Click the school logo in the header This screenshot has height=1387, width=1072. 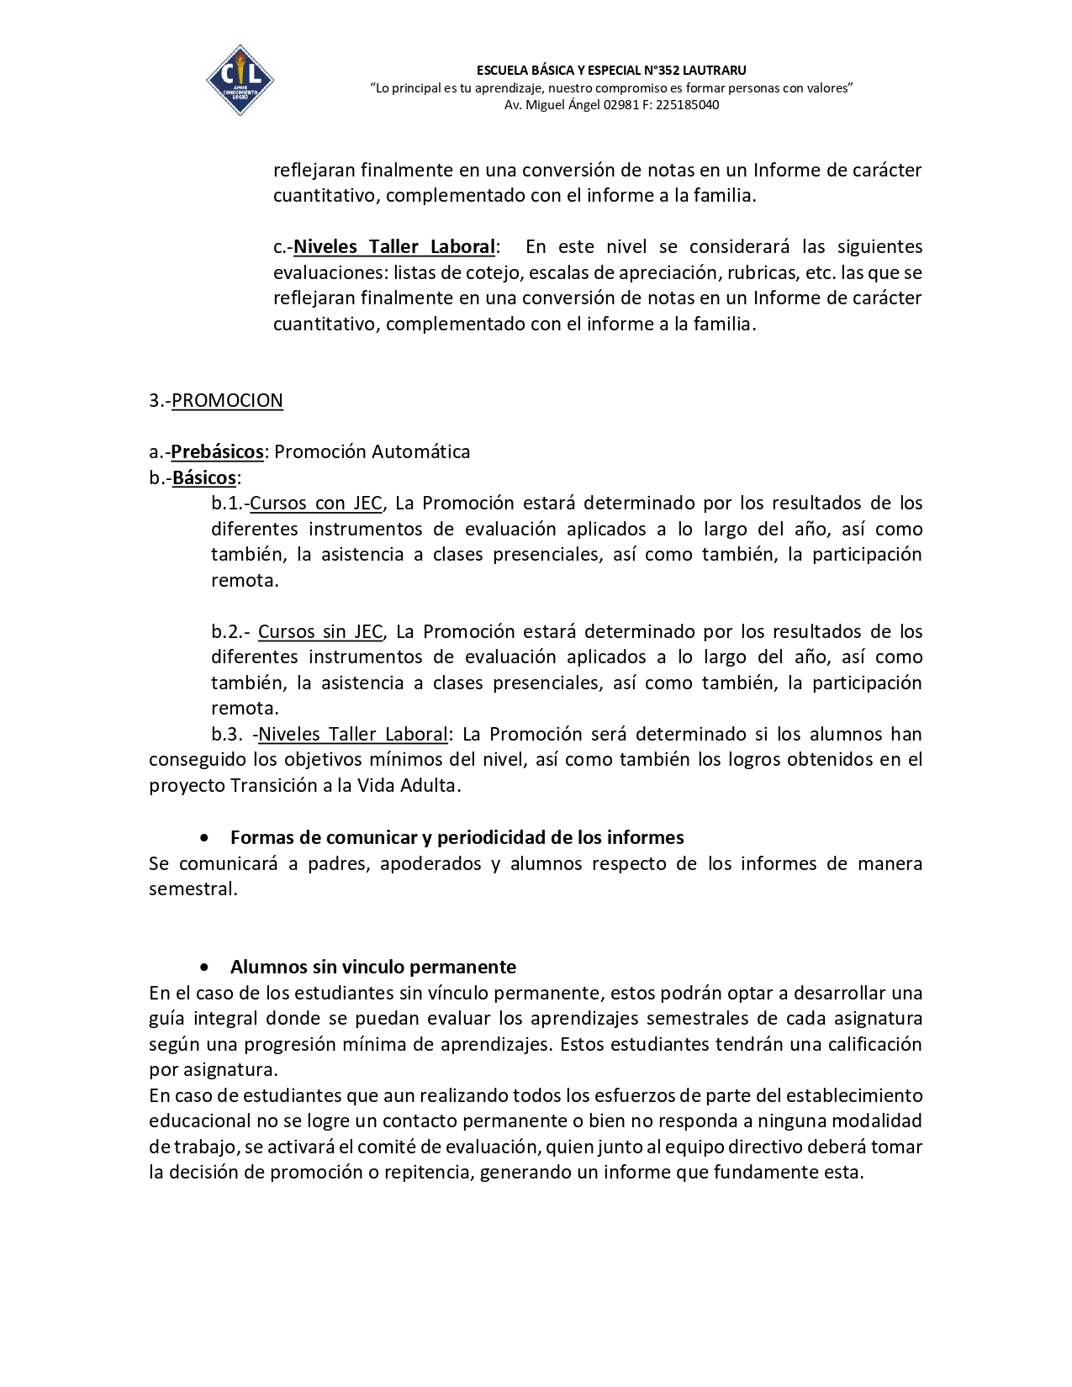(x=240, y=80)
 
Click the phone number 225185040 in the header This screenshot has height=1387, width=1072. (x=687, y=105)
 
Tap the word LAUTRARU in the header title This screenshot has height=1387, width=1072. (x=715, y=70)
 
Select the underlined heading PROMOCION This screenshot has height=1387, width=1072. (x=227, y=400)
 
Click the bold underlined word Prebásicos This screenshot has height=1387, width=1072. (x=217, y=451)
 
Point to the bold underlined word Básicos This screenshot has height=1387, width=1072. (x=204, y=477)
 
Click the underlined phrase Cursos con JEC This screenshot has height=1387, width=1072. (x=316, y=503)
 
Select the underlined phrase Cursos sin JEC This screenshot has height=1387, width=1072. (x=319, y=631)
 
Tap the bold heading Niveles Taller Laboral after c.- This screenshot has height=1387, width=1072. (x=394, y=246)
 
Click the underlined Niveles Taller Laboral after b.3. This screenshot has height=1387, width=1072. (x=352, y=734)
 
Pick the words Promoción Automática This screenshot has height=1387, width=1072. (x=372, y=451)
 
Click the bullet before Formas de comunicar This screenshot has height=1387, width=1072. (x=204, y=838)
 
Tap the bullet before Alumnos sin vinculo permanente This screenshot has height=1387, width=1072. (x=204, y=967)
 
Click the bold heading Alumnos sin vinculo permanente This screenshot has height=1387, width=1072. (x=373, y=967)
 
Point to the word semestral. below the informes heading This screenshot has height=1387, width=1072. (x=193, y=889)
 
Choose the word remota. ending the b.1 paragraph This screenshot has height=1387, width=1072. (x=245, y=580)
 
